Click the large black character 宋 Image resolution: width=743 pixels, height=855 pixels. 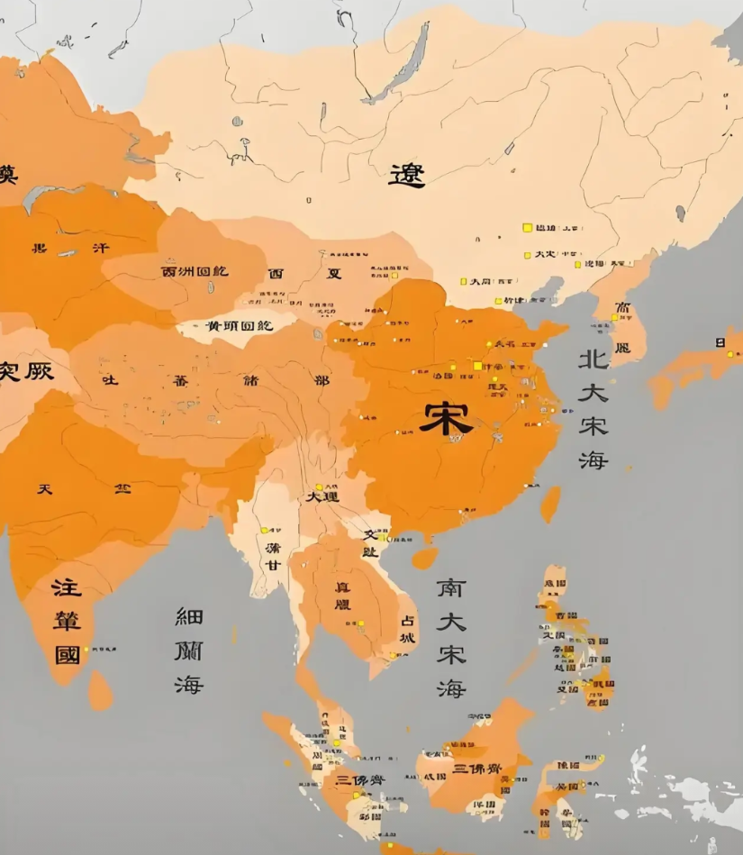point(446,417)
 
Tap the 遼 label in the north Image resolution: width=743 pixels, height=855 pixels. point(406,174)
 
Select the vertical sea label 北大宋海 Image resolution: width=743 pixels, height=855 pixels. point(593,409)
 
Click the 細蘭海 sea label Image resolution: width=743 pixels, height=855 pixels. point(189,650)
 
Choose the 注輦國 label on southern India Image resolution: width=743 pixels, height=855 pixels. point(67,621)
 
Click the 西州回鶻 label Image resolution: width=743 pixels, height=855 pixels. point(195,271)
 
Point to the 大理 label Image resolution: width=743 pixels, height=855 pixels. point(322,496)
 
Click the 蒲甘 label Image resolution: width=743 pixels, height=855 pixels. point(273,556)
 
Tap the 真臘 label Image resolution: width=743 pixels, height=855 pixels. point(343,595)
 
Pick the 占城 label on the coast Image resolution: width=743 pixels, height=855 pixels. point(408,629)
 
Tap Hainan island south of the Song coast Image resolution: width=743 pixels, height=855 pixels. point(424,558)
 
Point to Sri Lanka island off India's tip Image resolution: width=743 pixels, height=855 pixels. point(100,690)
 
